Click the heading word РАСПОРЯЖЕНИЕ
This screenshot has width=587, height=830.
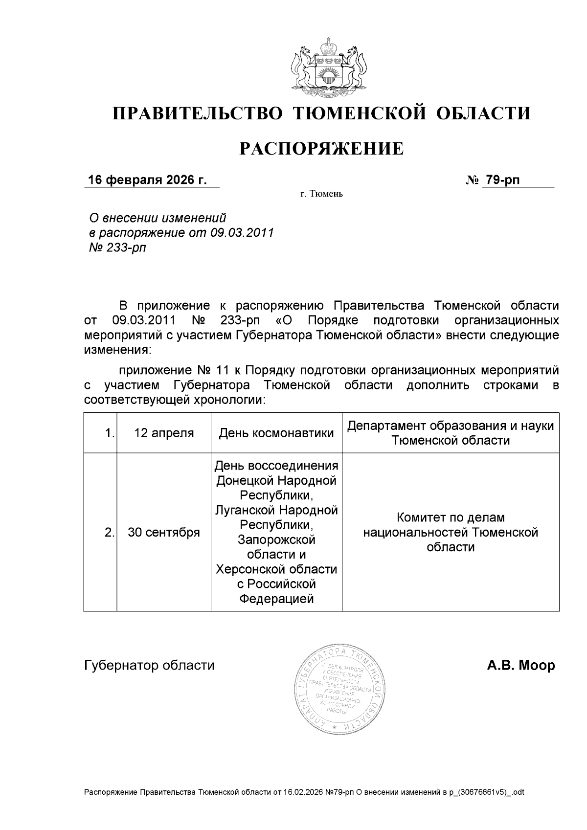321,149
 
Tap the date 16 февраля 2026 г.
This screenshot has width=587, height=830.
147,180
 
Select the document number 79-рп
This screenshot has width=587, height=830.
502,180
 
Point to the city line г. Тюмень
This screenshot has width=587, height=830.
321,194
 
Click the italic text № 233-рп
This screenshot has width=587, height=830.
117,248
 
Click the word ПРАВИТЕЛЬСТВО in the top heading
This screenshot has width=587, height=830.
198,113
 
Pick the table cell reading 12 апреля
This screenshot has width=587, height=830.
164,433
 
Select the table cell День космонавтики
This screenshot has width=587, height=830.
276,433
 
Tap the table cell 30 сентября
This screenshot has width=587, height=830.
164,532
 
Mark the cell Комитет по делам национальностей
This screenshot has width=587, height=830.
451,532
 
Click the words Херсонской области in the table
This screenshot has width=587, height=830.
276,569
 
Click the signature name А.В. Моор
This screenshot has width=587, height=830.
520,666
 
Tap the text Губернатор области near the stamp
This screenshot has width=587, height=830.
149,666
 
